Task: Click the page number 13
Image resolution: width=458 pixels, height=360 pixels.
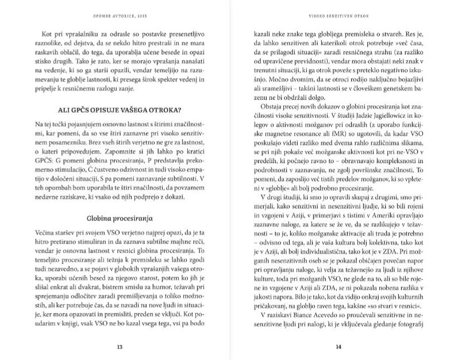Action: pyautogui.click(x=119, y=346)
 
